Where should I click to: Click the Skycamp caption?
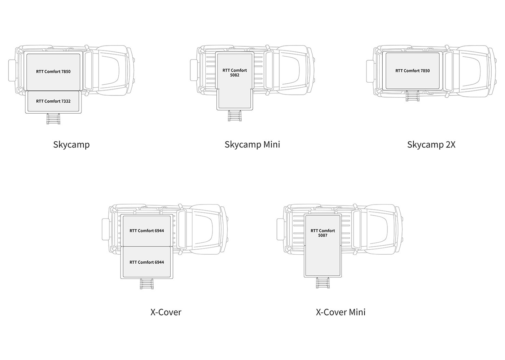71,145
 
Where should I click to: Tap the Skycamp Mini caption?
252,145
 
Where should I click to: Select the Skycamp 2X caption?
431,145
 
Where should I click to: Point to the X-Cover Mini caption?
341,312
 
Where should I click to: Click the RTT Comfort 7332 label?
53,101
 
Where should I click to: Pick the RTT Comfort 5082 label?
235,73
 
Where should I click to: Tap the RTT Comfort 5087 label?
322,233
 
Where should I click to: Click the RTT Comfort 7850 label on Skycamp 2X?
413,71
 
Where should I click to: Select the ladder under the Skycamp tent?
53,119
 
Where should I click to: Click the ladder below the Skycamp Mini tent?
235,116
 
